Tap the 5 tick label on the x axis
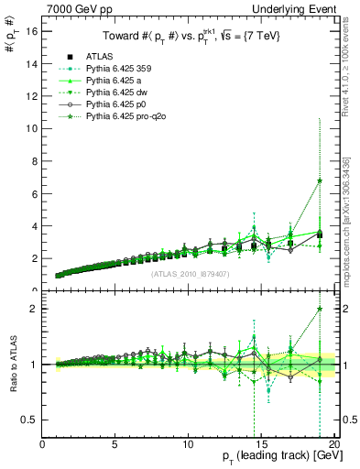[x=115, y=445]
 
